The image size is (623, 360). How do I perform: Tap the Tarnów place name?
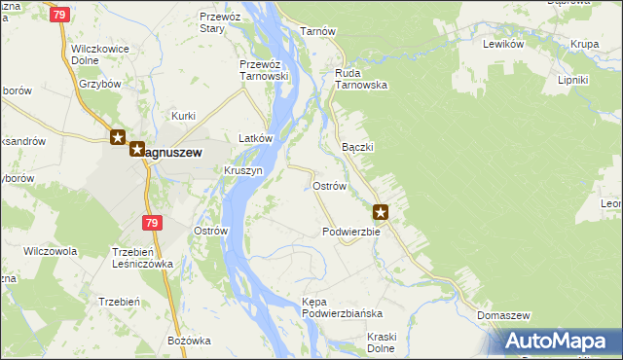click(x=318, y=31)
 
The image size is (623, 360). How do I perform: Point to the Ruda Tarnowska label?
click(x=361, y=79)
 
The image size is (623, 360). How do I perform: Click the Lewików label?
click(x=503, y=44)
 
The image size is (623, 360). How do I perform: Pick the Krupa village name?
click(x=585, y=44)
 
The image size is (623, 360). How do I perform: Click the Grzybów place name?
click(x=99, y=84)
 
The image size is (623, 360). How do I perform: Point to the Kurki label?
click(x=184, y=116)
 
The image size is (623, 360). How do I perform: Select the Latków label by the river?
click(x=256, y=139)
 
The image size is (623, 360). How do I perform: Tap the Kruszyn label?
click(x=243, y=169)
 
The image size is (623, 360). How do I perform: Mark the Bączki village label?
click(x=359, y=147)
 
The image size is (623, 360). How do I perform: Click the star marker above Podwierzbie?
click(x=382, y=211)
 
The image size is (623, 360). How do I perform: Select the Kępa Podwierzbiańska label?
click(x=342, y=307)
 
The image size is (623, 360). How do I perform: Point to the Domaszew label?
click(x=503, y=316)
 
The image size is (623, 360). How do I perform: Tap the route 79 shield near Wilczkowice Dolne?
click(x=60, y=15)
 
